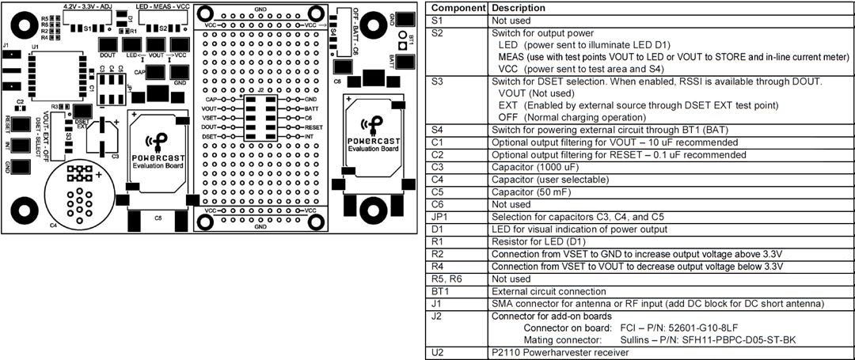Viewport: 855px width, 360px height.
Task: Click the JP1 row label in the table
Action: click(x=438, y=217)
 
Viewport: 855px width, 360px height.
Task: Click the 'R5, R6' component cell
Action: click(x=443, y=279)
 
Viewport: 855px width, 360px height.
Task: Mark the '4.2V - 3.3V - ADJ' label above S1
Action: click(x=88, y=6)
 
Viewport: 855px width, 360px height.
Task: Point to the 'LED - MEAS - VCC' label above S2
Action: click(x=162, y=6)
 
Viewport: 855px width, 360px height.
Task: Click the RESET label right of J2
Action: click(x=313, y=127)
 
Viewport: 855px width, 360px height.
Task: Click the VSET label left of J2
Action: click(x=209, y=117)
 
